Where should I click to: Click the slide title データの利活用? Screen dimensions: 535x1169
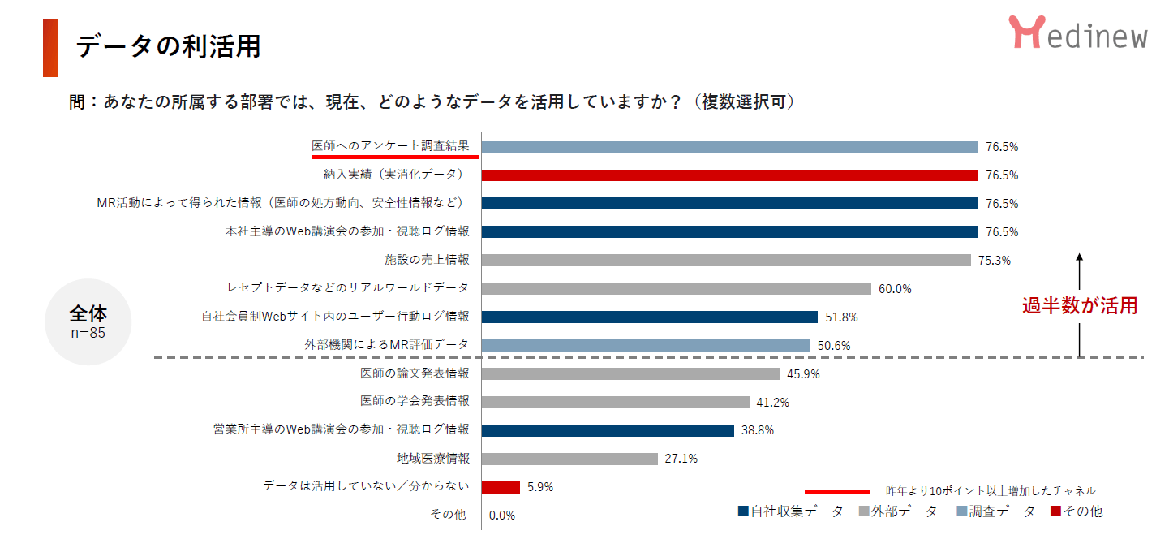pyautogui.click(x=168, y=46)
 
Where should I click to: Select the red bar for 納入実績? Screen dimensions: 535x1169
pyautogui.click(x=729, y=175)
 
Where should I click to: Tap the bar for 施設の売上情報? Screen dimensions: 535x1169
pyautogui.click(x=726, y=260)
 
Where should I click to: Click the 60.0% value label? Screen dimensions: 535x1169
pyautogui.click(x=895, y=289)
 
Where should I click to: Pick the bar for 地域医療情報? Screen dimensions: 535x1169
pyautogui.click(x=569, y=459)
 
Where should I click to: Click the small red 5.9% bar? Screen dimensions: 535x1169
pyautogui.click(x=501, y=487)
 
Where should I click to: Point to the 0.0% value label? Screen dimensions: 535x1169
pyautogui.click(x=502, y=516)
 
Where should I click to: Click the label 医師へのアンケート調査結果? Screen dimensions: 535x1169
pyautogui.click(x=391, y=146)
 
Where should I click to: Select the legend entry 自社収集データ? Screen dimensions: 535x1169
pyautogui.click(x=790, y=511)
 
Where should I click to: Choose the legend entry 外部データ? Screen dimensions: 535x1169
pyautogui.click(x=897, y=511)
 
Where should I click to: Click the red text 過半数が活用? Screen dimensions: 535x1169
pyautogui.click(x=1079, y=306)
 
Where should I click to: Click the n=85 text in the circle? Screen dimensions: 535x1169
pyautogui.click(x=88, y=332)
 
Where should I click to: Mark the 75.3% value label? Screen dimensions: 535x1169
pyautogui.click(x=995, y=261)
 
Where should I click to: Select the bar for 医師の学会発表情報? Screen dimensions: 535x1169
pyautogui.click(x=616, y=402)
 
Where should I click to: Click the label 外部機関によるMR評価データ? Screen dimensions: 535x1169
pyautogui.click(x=387, y=345)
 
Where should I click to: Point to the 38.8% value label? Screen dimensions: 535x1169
pyautogui.click(x=757, y=430)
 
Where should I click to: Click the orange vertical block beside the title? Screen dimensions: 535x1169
pyautogui.click(x=50, y=48)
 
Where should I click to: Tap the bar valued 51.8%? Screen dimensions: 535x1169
pyautogui.click(x=649, y=317)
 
